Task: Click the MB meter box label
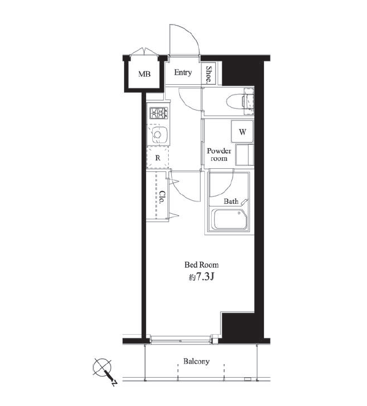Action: (144, 74)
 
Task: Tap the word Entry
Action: (183, 72)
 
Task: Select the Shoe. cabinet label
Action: (209, 74)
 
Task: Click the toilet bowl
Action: (235, 101)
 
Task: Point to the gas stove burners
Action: (158, 113)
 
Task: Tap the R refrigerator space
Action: (158, 158)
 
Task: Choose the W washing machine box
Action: (242, 132)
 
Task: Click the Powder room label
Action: (219, 155)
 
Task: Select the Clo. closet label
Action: (162, 197)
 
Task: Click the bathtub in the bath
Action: (230, 219)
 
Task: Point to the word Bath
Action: (231, 201)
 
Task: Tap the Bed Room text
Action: (201, 265)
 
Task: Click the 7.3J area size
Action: (204, 277)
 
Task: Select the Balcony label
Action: (196, 361)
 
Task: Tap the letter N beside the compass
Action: (114, 383)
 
